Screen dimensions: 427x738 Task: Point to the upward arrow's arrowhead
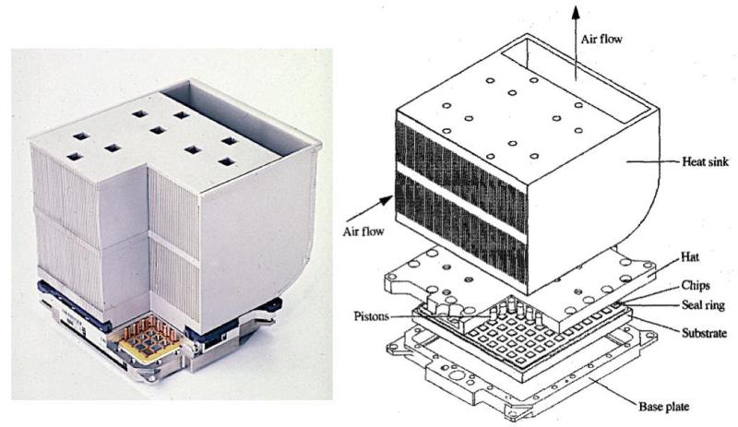click(x=575, y=10)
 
